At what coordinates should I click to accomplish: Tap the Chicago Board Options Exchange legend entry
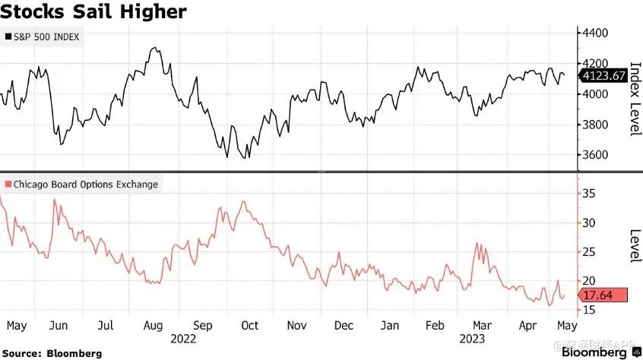82,184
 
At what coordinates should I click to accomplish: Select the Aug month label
153,326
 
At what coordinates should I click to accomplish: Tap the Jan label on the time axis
390,326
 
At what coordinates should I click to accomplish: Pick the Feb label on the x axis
436,326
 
